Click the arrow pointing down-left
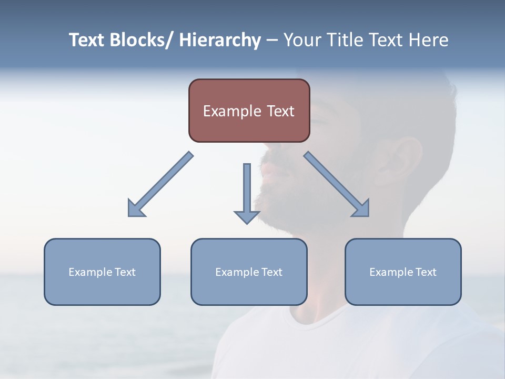[x=160, y=185]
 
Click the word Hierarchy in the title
[x=220, y=40]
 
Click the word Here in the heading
[x=428, y=40]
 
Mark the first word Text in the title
[x=87, y=40]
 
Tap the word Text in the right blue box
[x=425, y=272]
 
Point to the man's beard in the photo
[x=284, y=200]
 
